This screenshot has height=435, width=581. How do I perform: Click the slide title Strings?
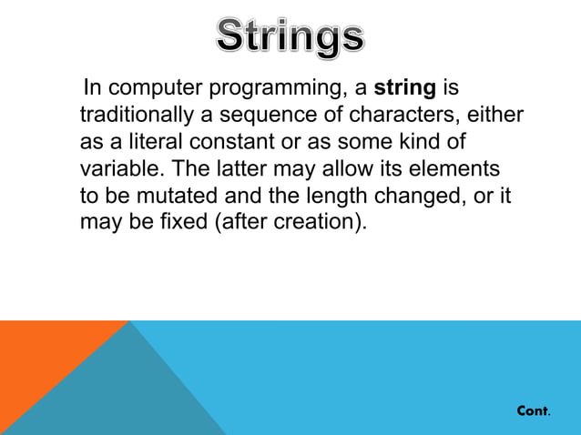pos(290,36)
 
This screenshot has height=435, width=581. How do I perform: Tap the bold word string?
pos(405,89)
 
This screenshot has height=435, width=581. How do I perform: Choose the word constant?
pos(231,143)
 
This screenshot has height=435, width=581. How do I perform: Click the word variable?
pos(119,169)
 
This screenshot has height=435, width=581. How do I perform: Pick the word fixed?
pos(183,222)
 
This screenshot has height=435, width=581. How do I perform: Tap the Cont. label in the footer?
pos(533,411)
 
